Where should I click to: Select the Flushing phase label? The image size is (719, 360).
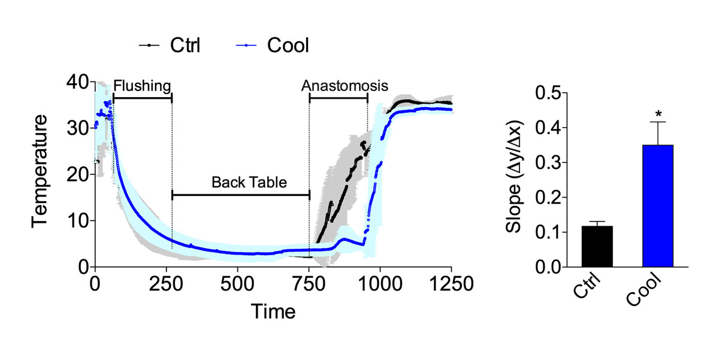tap(142, 85)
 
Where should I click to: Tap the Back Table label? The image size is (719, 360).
tap(240, 182)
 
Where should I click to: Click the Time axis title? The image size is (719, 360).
tap(273, 312)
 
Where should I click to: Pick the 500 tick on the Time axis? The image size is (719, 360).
tap(238, 282)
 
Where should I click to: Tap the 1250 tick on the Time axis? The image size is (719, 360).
tap(451, 282)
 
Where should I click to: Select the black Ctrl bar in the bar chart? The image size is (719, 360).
tap(597, 246)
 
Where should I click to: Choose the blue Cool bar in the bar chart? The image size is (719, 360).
tap(658, 206)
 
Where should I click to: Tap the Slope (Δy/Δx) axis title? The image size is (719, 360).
tap(515, 180)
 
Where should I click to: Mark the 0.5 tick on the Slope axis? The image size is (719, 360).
tap(550, 93)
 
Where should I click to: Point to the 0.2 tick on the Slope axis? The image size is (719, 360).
tap(550, 197)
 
